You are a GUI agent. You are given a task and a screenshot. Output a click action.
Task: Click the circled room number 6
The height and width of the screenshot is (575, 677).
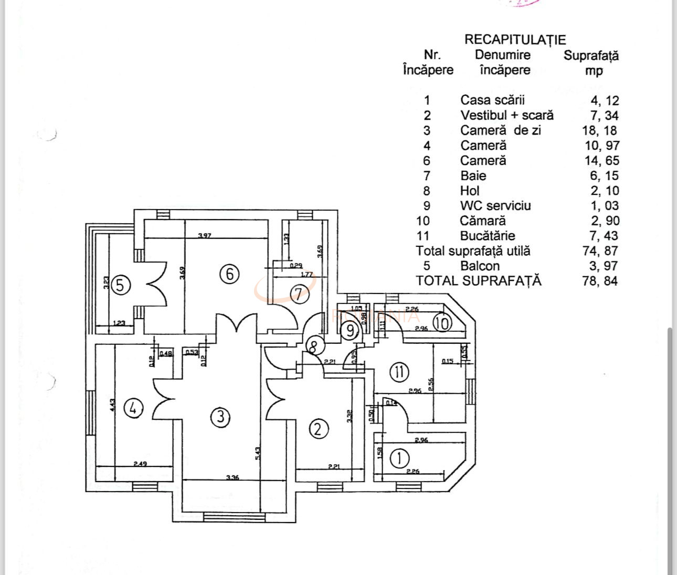click(x=230, y=274)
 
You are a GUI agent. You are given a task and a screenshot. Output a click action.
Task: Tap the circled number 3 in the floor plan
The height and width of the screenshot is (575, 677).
click(x=221, y=417)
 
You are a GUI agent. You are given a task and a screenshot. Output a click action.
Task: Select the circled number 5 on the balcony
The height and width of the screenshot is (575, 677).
click(x=120, y=286)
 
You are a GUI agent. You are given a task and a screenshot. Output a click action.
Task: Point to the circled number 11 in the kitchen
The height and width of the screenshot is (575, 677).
click(x=399, y=372)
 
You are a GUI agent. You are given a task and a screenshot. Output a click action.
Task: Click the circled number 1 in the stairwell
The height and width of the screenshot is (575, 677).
click(x=400, y=459)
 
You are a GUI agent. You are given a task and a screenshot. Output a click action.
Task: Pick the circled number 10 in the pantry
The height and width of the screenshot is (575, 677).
click(x=442, y=323)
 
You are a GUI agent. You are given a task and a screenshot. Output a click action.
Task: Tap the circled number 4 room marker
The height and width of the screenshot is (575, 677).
click(x=133, y=407)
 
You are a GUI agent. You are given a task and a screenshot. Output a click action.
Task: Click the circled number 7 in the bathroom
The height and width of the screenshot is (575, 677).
click(x=299, y=294)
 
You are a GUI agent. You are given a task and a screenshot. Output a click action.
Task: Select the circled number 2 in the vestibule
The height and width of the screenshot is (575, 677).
click(x=319, y=429)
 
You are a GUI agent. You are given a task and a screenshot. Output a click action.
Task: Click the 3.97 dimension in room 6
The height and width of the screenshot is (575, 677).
click(x=205, y=236)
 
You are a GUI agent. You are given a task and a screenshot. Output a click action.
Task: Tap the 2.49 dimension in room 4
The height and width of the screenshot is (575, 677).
click(x=140, y=463)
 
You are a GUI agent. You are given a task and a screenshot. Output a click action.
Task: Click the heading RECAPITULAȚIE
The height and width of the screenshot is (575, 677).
click(x=515, y=40)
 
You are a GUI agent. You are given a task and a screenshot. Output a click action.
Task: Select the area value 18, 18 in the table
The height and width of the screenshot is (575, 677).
click(x=600, y=131)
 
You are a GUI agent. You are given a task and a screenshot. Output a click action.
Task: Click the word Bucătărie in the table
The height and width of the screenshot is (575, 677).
click(x=488, y=236)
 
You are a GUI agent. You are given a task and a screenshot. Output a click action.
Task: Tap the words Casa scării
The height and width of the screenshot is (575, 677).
click(x=492, y=100)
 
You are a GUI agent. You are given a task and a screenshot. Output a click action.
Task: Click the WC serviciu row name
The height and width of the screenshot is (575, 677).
click(x=495, y=205)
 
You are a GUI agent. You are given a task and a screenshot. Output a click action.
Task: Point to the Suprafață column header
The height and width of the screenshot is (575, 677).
click(x=591, y=56)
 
